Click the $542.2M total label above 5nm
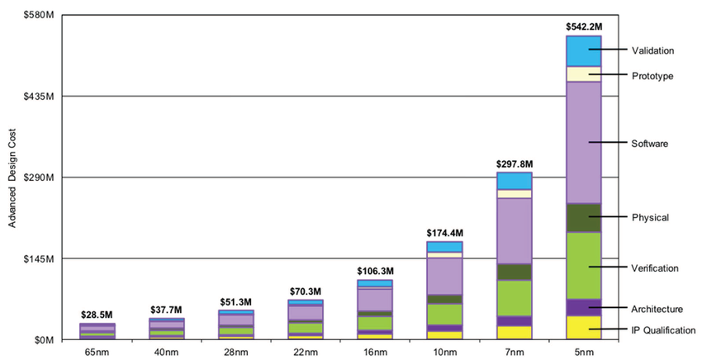tap(583, 26)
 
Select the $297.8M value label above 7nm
tap(513, 163)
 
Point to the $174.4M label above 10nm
tap(443, 233)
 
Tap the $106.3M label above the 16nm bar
tap(374, 271)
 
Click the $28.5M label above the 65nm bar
tap(97, 314)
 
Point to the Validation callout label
tap(652, 50)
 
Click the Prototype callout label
tap(652, 76)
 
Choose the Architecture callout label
tap(657, 309)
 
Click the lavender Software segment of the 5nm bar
tap(583, 142)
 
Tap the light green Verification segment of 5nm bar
tap(583, 265)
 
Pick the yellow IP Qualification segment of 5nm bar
tap(583, 327)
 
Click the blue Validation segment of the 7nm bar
tap(514, 181)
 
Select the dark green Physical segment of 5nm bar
tap(583, 217)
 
